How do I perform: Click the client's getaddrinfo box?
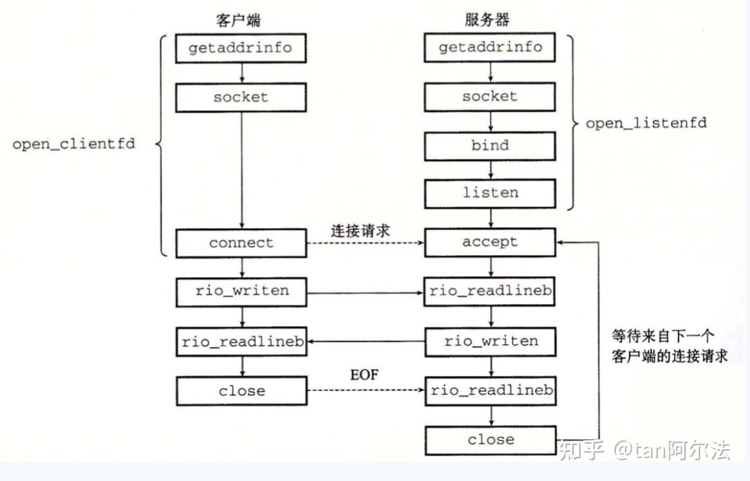click(241, 48)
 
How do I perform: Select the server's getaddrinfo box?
click(490, 48)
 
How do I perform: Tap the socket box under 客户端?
click(241, 97)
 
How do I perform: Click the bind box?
click(490, 146)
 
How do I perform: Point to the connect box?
click(241, 243)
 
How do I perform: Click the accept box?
click(490, 243)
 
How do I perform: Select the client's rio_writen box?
click(241, 291)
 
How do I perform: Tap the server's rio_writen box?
click(490, 341)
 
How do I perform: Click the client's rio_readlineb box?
click(241, 341)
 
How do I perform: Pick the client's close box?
click(241, 391)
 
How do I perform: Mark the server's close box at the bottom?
click(490, 440)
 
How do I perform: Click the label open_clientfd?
click(73, 145)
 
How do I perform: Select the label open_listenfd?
click(646, 124)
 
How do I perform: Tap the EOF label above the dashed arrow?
click(364, 376)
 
